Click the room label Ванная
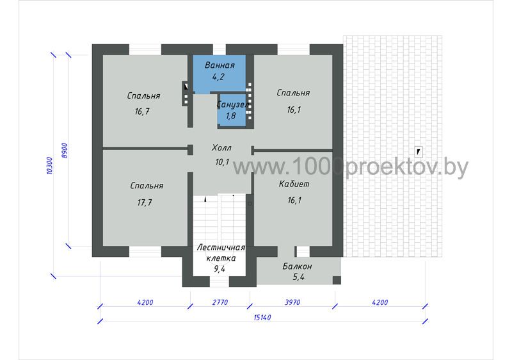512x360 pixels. pos(220,65)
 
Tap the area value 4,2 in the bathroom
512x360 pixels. pos(218,77)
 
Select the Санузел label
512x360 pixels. pos(233,104)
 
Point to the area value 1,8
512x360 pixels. pos(231,116)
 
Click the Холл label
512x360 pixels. pos(221,148)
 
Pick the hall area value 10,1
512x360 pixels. pos(222,162)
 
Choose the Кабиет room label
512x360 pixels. pos(294,184)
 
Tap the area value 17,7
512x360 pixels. pos(145,202)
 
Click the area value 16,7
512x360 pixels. pos(142,111)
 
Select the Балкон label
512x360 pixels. pos(297,266)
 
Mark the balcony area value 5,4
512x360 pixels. pos(298,277)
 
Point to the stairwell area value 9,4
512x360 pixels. pos(220,269)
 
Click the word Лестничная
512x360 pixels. pos(221,247)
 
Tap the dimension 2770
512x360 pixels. pos(220,302)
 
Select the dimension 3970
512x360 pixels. pos(292,302)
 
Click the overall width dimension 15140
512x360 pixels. pos(262,317)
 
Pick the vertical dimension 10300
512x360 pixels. pos(49,166)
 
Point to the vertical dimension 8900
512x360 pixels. pos(65,151)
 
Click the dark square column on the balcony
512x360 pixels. pos(337,280)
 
